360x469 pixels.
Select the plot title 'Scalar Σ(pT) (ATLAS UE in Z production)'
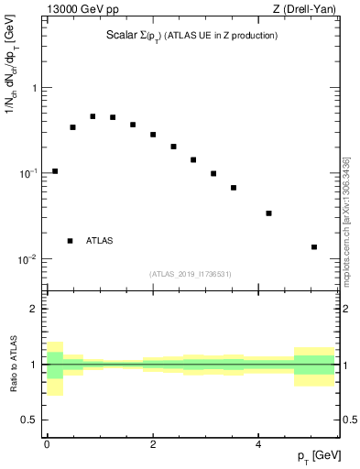[191, 36]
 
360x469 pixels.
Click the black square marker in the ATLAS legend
[70, 241]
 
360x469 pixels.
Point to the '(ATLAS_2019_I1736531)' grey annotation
[191, 274]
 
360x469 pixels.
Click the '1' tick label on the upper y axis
[35, 88]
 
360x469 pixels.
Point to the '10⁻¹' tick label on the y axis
[29, 173]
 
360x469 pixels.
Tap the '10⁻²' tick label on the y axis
[29, 259]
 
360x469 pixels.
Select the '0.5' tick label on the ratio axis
[30, 420]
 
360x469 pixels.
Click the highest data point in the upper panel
[93, 116]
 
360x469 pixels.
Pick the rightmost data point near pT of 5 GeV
[314, 247]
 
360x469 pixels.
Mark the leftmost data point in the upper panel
[55, 171]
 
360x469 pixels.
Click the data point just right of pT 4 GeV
[268, 213]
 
